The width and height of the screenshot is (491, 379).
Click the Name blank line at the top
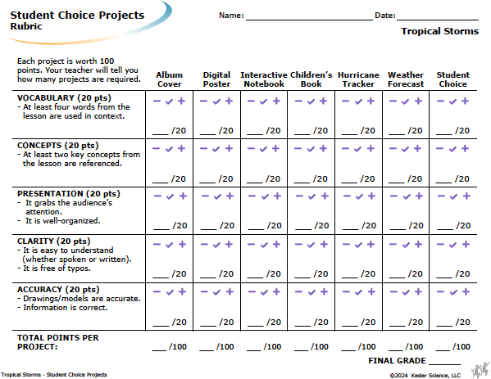click(x=309, y=20)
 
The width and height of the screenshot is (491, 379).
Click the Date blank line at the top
click(x=438, y=20)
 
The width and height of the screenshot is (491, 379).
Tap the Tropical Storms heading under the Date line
click(x=440, y=31)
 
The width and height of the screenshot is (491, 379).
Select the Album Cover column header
click(x=170, y=79)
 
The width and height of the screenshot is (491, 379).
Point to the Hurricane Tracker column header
click(x=358, y=79)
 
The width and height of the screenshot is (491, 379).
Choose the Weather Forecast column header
click(x=406, y=79)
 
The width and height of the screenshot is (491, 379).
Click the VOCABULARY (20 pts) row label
click(x=64, y=98)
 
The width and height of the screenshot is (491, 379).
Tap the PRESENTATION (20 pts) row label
click(x=69, y=194)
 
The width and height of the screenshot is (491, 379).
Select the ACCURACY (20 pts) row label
click(x=58, y=290)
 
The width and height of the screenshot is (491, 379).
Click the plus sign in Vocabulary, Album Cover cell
click(x=182, y=101)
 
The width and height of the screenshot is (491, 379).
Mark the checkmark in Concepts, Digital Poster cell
click(x=216, y=149)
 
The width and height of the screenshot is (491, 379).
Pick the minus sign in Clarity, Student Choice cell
click(x=440, y=244)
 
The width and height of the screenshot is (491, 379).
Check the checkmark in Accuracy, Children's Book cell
click(x=311, y=292)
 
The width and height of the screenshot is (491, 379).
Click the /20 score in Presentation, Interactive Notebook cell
click(x=274, y=225)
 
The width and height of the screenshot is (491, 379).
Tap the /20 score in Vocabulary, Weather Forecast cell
click(x=415, y=130)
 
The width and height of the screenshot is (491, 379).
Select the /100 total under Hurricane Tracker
click(x=366, y=347)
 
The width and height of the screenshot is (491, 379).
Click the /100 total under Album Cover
click(x=178, y=347)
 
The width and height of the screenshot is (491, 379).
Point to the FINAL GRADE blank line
click(x=444, y=364)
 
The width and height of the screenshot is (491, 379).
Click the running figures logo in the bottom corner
click(x=480, y=370)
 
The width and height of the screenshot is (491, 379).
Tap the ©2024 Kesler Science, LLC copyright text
click(x=425, y=375)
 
